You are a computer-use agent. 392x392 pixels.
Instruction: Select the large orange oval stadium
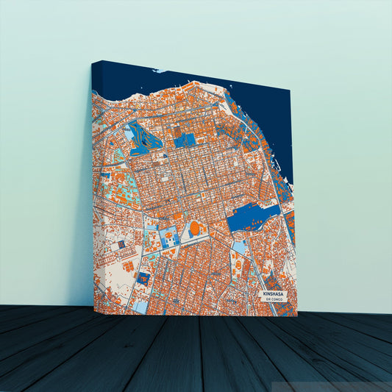(195, 229)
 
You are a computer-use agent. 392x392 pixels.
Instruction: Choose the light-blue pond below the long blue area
(240, 247)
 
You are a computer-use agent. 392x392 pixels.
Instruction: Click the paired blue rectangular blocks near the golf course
(185, 139)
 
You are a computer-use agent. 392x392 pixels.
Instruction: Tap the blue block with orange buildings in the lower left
(144, 278)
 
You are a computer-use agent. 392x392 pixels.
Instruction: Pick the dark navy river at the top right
(265, 110)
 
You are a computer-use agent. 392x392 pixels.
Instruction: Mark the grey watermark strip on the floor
(331, 385)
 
